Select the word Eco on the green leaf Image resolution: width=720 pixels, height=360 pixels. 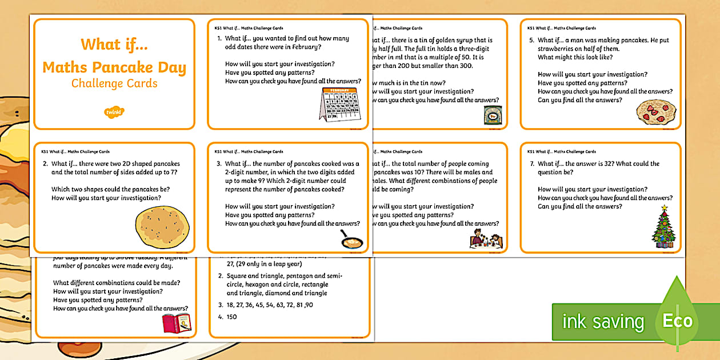click(x=678, y=321)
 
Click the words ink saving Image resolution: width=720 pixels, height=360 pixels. click(x=603, y=322)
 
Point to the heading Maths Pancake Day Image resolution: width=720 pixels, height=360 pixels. click(x=114, y=68)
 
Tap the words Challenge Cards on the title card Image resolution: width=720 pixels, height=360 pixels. click(x=114, y=84)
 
